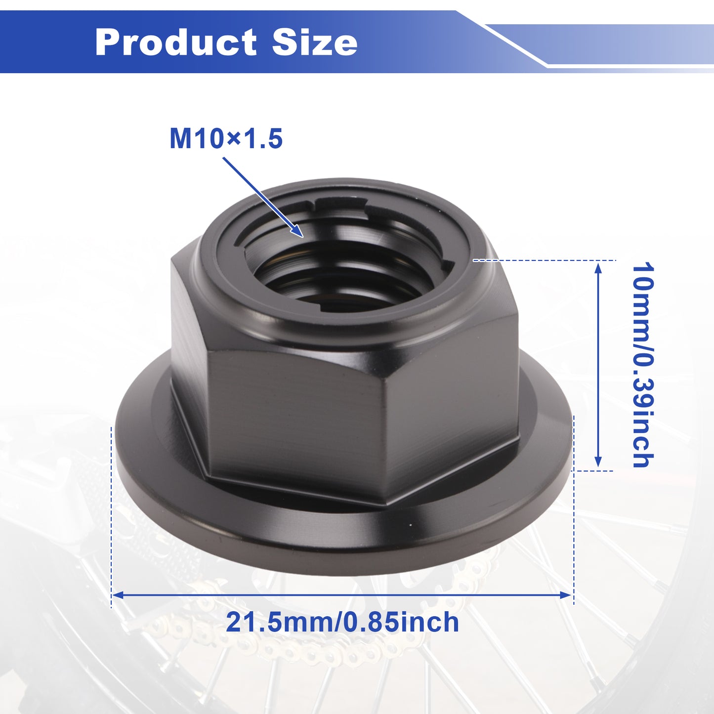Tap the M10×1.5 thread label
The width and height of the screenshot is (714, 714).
pos(226,139)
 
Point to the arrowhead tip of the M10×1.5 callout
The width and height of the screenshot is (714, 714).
pos(303,237)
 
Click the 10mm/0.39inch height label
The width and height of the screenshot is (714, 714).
pos(643,365)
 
